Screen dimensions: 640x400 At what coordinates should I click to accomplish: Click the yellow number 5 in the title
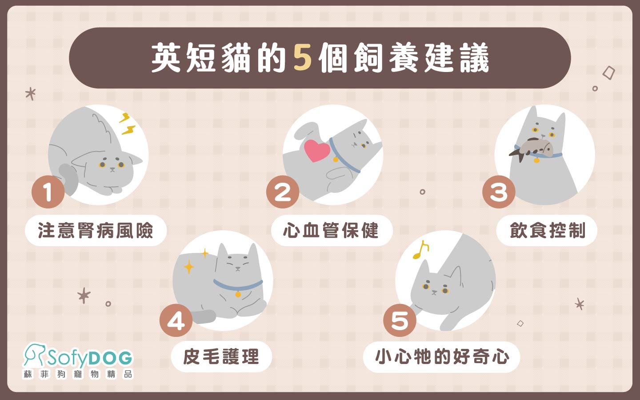point(302,58)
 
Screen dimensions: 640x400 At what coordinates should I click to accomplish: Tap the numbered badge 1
point(48,192)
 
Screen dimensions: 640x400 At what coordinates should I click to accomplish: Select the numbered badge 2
point(283,192)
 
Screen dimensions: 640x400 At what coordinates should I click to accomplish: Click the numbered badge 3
point(499,192)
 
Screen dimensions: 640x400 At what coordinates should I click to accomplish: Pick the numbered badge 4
point(176,320)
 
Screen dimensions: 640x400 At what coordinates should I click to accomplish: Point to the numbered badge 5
point(400,320)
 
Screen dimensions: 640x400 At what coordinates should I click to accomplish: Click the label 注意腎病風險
point(96,231)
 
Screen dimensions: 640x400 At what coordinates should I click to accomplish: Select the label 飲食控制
point(547,231)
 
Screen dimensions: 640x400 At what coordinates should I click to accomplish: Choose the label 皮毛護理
point(221,356)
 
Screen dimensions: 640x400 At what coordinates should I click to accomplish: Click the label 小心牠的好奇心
point(441,357)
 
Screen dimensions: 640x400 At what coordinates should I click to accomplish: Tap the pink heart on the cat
point(316,151)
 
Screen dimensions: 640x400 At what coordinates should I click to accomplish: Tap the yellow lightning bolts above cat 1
point(127,124)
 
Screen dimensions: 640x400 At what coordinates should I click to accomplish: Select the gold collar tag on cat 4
point(238,294)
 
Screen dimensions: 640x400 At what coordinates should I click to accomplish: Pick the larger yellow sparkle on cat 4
point(189,267)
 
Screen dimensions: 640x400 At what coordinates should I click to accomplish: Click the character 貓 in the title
point(236,58)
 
